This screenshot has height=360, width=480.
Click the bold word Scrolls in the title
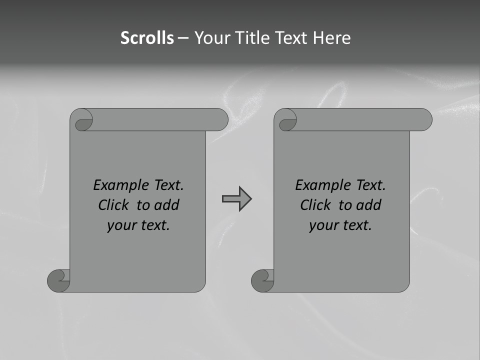point(147,38)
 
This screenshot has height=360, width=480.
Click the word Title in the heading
point(254,38)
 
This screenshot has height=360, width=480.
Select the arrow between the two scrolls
point(236,199)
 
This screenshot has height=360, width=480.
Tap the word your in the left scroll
point(121,225)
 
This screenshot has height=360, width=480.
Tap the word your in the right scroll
point(323,225)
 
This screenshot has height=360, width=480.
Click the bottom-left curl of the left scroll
point(58,280)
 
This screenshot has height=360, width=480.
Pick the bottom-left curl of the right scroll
point(262,280)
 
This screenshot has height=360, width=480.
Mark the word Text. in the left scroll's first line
point(167,185)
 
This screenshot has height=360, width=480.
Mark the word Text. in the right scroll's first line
point(369,185)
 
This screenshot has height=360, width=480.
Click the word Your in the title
point(209,38)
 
